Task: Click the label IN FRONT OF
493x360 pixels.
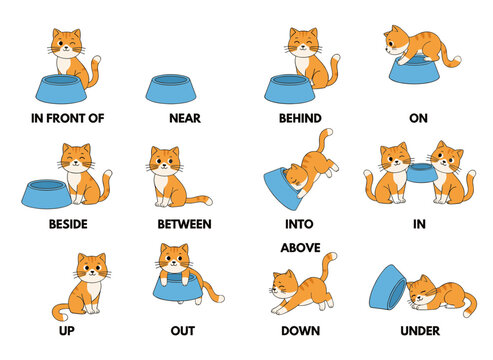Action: tap(69, 118)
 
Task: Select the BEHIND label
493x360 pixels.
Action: tap(301, 118)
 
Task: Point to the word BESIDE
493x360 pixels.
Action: tap(68, 224)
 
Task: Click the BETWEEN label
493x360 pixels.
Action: tap(183, 224)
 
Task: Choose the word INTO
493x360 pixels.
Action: tap(300, 224)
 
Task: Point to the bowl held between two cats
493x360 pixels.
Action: tap(419, 176)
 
